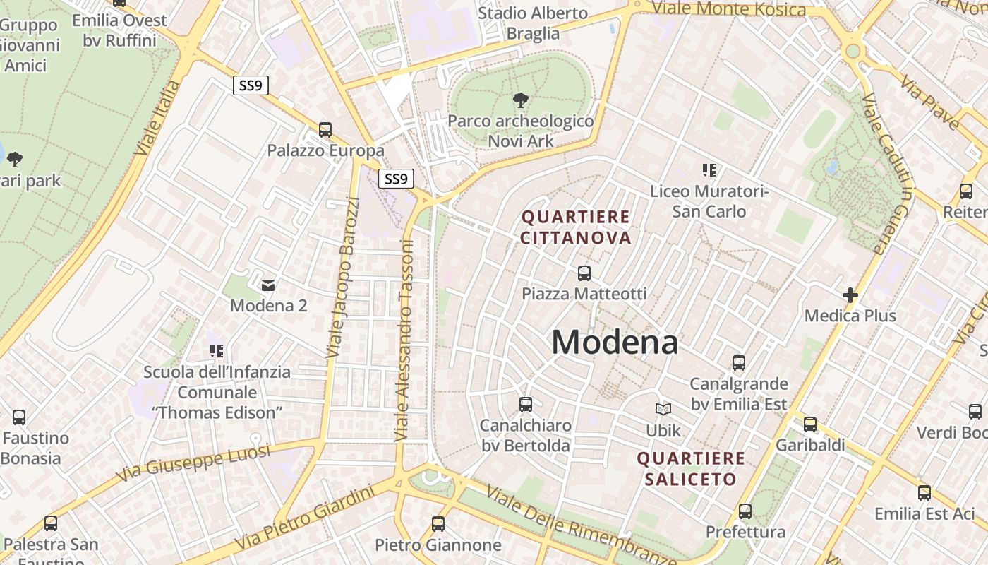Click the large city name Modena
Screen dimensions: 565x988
pyautogui.click(x=615, y=343)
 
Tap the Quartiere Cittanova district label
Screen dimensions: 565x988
pyautogui.click(x=576, y=227)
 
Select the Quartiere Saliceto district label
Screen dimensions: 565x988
pyautogui.click(x=691, y=468)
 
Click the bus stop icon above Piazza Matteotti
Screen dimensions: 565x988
pyautogui.click(x=584, y=273)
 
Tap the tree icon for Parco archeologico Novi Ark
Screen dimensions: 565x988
pyautogui.click(x=521, y=100)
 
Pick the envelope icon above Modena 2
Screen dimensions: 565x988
pyautogui.click(x=268, y=285)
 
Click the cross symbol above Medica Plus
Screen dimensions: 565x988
pyautogui.click(x=850, y=295)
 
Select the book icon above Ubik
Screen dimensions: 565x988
pyautogui.click(x=663, y=409)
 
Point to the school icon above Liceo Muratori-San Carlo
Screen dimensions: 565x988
pyautogui.click(x=709, y=169)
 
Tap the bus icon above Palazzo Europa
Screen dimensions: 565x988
pyautogui.click(x=325, y=129)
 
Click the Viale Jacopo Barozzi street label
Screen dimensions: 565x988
pyautogui.click(x=343, y=277)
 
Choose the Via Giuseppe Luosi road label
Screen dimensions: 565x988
pyautogui.click(x=193, y=463)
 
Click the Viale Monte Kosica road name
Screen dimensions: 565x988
pyautogui.click(x=728, y=9)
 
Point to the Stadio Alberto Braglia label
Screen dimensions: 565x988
pyautogui.click(x=533, y=23)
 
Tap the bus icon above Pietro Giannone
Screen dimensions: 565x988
pyautogui.click(x=438, y=523)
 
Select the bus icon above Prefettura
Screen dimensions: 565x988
pyautogui.click(x=745, y=511)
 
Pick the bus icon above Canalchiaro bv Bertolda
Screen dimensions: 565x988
pyautogui.click(x=525, y=405)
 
